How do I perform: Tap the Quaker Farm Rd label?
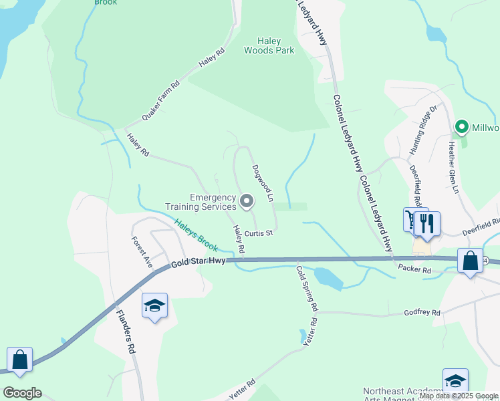click(x=162, y=101)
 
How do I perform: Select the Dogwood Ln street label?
click(x=263, y=183)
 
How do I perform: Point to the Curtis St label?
click(x=258, y=233)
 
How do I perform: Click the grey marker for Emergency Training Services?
click(x=247, y=201)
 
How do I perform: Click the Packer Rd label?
click(x=415, y=268)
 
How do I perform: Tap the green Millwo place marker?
click(x=461, y=126)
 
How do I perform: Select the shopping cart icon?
click(x=410, y=219)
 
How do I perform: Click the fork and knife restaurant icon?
click(x=427, y=223)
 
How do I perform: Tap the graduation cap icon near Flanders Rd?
click(x=154, y=305)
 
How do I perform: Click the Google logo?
click(x=22, y=393)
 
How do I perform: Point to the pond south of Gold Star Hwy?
click(x=328, y=276)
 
